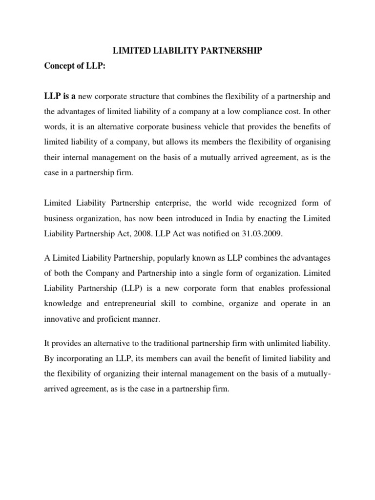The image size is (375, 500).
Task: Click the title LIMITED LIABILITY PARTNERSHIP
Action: [x=188, y=50]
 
